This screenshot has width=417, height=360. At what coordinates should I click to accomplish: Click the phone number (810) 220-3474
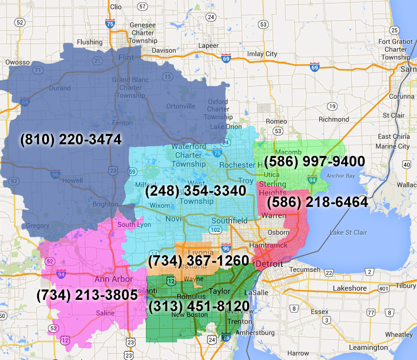[x=71, y=139]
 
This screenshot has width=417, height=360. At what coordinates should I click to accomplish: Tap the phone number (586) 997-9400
[x=314, y=161]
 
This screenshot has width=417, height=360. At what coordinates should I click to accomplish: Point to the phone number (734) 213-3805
[x=87, y=295]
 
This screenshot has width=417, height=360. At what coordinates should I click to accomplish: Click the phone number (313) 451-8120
[x=199, y=306]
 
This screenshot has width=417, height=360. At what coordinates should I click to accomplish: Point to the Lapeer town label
[x=208, y=45]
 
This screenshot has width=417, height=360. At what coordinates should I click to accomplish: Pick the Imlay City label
[x=262, y=54]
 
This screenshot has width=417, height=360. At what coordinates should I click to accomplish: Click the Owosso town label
[x=18, y=62]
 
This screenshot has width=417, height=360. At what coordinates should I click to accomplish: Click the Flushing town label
[x=90, y=42]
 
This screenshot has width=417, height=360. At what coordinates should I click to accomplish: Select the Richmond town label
[x=334, y=119]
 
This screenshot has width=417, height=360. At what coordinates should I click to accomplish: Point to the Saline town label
[x=105, y=313]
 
